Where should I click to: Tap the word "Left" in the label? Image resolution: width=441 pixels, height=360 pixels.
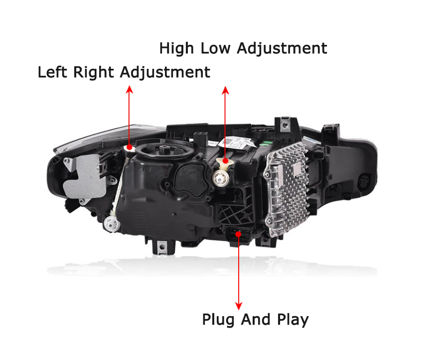[53, 72]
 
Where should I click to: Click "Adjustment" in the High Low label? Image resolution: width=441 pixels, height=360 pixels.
[282, 49]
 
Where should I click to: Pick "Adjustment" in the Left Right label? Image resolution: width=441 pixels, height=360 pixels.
[165, 73]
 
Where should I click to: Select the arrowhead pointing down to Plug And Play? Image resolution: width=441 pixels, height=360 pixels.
[239, 305]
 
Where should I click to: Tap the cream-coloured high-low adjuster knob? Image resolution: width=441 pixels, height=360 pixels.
[225, 161]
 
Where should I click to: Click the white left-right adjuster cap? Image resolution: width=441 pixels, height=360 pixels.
[129, 148]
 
